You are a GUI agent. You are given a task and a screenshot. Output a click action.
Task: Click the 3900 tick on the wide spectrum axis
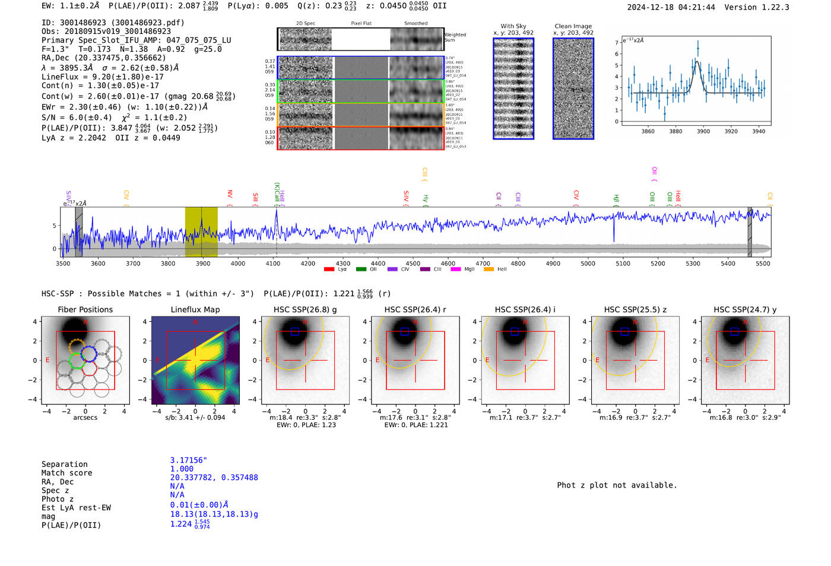point(203,263)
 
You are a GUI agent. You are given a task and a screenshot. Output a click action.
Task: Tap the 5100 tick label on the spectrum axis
point(623,263)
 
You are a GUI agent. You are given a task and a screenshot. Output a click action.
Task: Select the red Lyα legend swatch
point(329,270)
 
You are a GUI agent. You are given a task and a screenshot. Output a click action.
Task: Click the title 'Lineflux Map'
point(195,309)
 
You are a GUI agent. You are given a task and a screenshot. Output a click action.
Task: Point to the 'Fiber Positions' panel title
point(85,309)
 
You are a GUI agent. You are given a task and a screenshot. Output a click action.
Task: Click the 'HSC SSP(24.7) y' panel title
point(745,309)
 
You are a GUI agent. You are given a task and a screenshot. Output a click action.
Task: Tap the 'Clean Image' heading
point(573,26)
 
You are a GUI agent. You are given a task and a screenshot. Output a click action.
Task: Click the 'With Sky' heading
point(513,26)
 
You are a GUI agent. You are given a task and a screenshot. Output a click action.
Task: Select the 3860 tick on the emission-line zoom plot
point(648,131)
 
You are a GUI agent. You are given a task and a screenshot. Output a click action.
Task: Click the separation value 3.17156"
point(188,460)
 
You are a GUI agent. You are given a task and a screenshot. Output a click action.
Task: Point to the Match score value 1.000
point(182,469)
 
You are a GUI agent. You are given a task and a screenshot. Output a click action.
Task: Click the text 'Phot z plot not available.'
point(617,485)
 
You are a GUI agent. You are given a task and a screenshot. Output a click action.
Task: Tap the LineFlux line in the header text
point(102,77)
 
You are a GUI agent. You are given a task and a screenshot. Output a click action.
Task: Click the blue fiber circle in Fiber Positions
point(89,353)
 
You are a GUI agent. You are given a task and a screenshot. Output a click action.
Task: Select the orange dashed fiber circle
point(77,346)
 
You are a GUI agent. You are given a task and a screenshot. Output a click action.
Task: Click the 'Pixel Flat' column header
point(361,24)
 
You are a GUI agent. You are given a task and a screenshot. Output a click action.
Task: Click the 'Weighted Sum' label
point(455,37)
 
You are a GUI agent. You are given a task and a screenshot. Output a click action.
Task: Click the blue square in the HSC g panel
point(294,331)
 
